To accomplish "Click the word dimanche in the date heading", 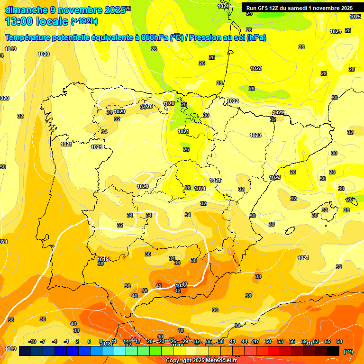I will click(26, 10).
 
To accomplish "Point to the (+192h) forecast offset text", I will click(84, 21).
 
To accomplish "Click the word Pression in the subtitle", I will click(204, 38).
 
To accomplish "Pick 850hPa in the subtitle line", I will click(155, 38).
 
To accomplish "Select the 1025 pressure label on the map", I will click(355, 17).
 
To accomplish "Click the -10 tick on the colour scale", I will click(32, 341).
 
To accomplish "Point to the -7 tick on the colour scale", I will click(43, 341).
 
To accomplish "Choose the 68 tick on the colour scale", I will click(339, 341).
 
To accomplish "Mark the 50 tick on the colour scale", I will click(268, 341).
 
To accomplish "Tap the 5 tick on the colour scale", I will click(89, 341).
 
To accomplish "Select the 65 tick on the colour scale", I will click(328, 341).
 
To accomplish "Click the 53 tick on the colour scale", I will click(280, 341).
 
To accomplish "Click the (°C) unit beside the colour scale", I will click(348, 352).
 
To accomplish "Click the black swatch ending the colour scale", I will click(333, 351).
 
